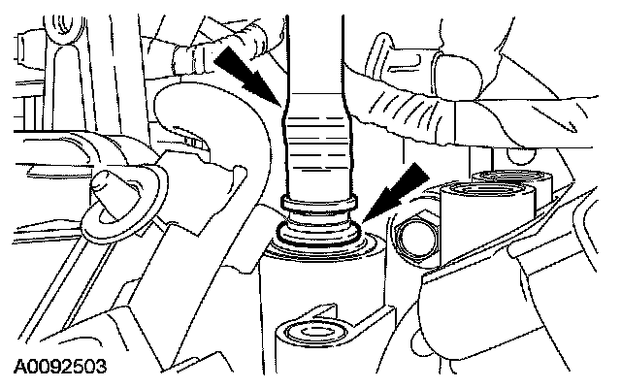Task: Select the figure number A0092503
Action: tap(59, 369)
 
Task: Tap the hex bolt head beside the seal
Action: tap(414, 234)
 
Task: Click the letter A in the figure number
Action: tap(19, 369)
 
